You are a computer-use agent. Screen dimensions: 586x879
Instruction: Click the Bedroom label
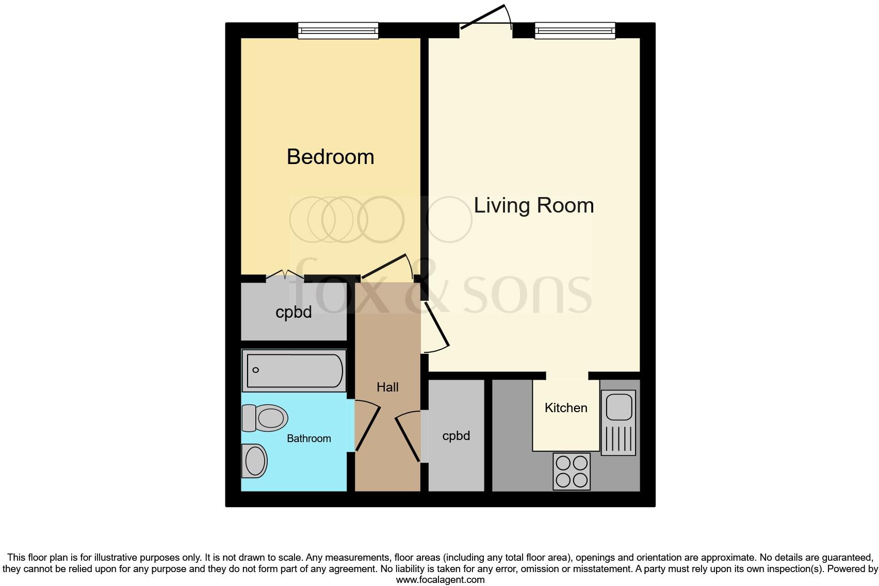[x=330, y=157]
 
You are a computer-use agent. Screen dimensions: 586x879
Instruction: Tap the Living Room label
[x=533, y=205]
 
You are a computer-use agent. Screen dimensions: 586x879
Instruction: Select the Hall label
[x=387, y=387]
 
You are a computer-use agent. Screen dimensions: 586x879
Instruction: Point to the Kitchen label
[x=566, y=408]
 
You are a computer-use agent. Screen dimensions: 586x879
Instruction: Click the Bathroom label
[x=308, y=438]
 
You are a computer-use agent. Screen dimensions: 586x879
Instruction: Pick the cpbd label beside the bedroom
[x=294, y=312]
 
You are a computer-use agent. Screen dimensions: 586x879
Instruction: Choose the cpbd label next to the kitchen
[x=456, y=436]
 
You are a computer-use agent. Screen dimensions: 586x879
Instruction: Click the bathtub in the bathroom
[x=294, y=370]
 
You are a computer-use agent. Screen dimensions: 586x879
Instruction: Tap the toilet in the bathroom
[x=265, y=418]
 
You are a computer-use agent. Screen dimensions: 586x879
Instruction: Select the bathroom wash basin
[x=254, y=460]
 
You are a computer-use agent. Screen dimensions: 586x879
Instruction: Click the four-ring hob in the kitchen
[x=572, y=471]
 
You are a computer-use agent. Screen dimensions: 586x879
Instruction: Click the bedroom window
[x=338, y=31]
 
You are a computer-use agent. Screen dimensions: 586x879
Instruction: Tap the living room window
[x=575, y=31]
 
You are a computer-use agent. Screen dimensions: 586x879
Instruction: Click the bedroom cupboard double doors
[x=285, y=274]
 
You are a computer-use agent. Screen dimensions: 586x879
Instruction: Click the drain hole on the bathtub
[x=256, y=370]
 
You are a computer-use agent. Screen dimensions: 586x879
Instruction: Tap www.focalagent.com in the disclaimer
[x=440, y=580]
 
